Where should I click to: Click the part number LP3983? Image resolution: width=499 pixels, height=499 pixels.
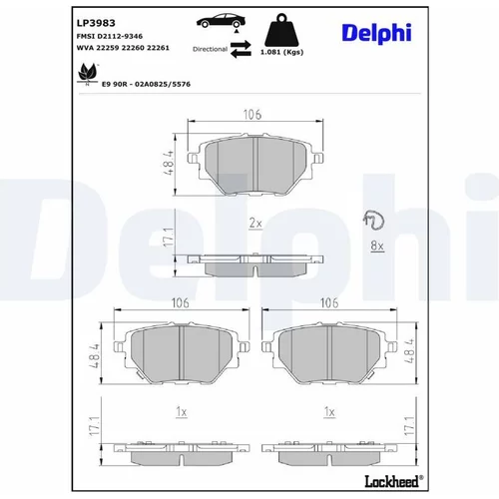pos(96,23)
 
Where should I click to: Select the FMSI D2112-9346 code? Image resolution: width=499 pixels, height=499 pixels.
pos(110,36)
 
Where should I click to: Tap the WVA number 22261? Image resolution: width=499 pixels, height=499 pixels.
pos(158,48)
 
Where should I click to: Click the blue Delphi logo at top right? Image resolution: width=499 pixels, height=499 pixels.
pos(376,33)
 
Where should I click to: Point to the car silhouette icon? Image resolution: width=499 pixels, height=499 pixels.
pos(221,21)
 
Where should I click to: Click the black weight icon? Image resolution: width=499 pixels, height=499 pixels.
pos(281,30)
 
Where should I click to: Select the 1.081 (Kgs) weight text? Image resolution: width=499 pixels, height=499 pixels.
pos(281,52)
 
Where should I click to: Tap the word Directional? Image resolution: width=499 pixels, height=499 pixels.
pos(210,49)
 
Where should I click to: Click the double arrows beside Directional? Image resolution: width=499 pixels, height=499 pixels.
pos(241,49)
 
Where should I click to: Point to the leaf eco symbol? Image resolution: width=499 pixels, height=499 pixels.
pos(87,73)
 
